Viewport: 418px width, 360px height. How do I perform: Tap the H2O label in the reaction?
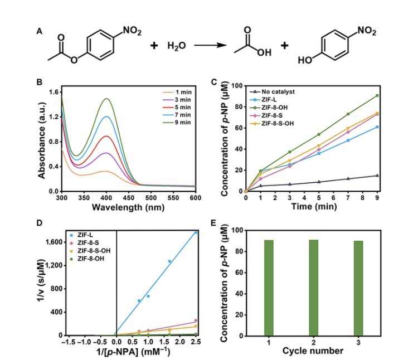pos(176,45)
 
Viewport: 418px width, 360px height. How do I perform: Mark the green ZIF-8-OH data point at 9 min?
pos(377,95)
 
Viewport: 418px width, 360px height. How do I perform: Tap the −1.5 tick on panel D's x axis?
pos(67,342)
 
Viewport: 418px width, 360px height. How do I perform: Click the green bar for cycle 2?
pos(313,288)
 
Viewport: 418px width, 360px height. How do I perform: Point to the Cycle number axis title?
pos(313,351)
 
